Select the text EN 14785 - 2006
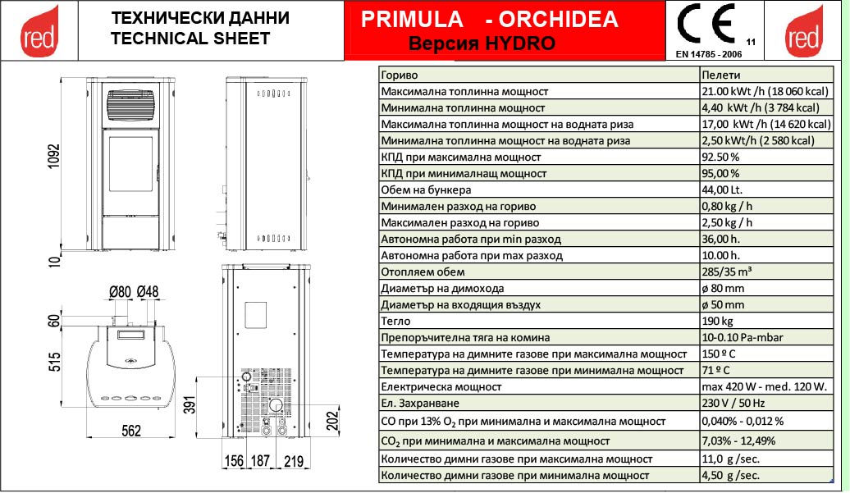click(707, 54)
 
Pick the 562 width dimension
click(131, 431)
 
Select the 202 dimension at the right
click(331, 419)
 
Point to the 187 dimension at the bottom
click(259, 462)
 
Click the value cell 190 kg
click(717, 321)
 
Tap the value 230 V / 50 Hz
click(733, 403)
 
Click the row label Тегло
click(391, 321)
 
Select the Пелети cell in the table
click(719, 75)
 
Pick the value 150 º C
click(719, 354)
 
